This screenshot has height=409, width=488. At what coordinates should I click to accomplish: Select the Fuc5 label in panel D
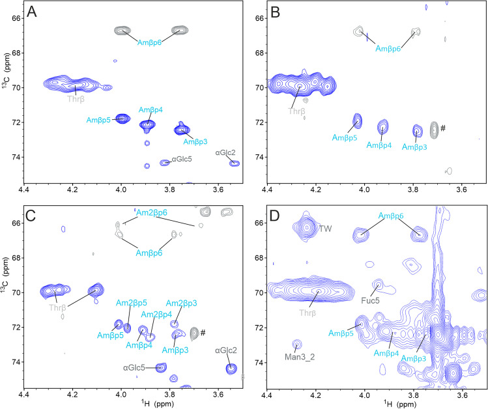(369, 302)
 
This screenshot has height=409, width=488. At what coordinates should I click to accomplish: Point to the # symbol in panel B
(443, 128)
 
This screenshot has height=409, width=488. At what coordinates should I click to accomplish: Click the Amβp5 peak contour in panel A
(122, 118)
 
